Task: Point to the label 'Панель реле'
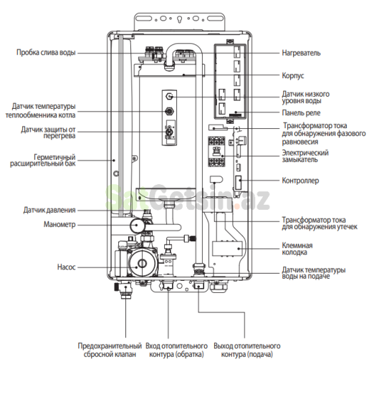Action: click(x=301, y=112)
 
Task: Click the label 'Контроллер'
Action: click(x=299, y=181)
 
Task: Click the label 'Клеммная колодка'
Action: click(x=297, y=250)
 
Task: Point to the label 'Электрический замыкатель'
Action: click(x=305, y=158)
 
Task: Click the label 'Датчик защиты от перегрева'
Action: click(x=47, y=134)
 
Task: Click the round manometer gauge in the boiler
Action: click(x=136, y=226)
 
